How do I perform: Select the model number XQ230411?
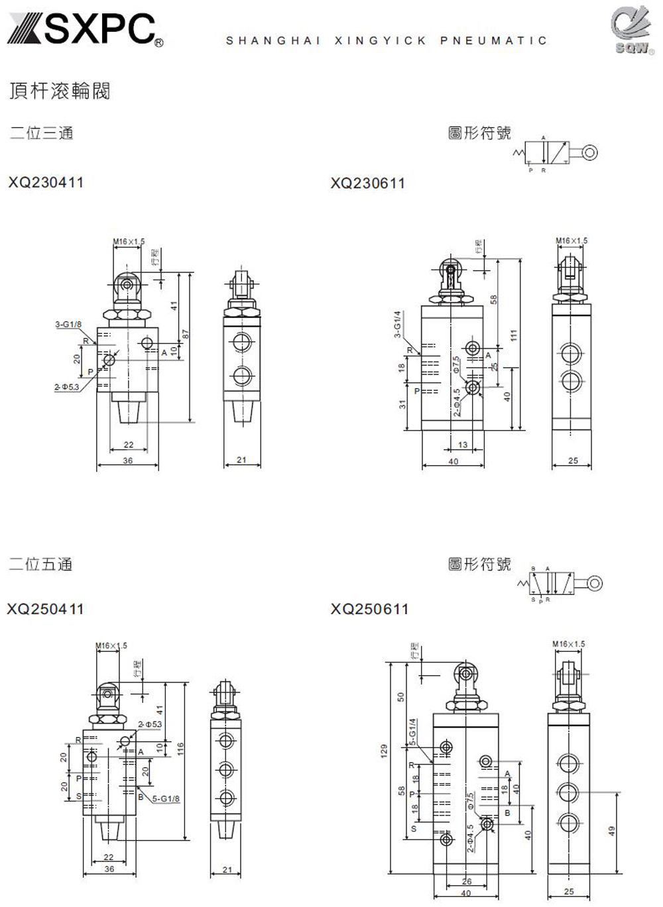tap(46, 182)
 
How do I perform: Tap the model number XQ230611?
tap(368, 183)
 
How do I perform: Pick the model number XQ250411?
tap(46, 609)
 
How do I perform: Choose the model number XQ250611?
tap(370, 609)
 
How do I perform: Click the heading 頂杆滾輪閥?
tap(60, 91)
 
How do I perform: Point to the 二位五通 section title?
tap(40, 564)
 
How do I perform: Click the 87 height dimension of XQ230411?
tap(186, 335)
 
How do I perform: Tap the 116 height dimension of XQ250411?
tap(180, 749)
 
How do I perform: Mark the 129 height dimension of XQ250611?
tap(383, 751)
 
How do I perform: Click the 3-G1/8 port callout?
tap(68, 324)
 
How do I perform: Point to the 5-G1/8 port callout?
tap(166, 798)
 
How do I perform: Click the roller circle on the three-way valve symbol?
tap(590, 153)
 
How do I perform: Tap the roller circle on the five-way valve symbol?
tap(595, 584)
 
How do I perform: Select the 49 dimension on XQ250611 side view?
tap(612, 829)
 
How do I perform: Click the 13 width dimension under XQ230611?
tap(462, 445)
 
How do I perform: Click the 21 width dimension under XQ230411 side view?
tap(241, 459)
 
